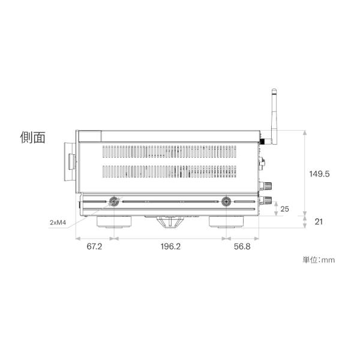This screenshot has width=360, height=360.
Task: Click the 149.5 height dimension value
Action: point(319,174)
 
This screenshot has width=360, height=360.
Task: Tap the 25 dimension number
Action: point(284,209)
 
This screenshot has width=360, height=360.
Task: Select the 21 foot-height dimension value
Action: point(319,222)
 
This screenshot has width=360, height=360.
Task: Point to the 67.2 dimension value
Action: point(94,247)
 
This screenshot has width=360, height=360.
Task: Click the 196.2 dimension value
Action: point(170,247)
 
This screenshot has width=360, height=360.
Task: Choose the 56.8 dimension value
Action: point(242,247)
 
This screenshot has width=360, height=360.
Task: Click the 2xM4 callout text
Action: point(58,223)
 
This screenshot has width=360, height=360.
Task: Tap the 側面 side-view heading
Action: point(32,137)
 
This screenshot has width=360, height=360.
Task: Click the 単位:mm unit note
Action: point(319,260)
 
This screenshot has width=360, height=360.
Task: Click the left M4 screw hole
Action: point(114,202)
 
